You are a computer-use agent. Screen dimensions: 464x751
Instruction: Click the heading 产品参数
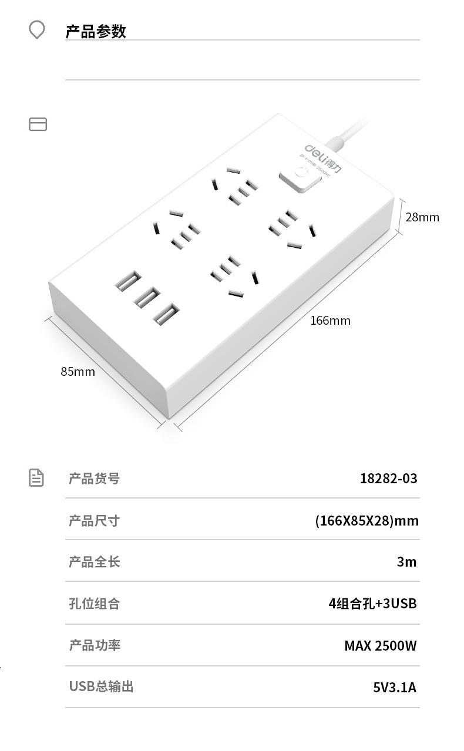coord(96,31)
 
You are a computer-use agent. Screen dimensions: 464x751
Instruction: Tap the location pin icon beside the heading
coord(37,30)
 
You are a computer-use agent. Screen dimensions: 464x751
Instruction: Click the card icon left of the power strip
coord(38,124)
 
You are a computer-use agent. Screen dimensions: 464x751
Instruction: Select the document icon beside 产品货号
coord(36,477)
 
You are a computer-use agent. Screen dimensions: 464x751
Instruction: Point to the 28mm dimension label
coord(422,217)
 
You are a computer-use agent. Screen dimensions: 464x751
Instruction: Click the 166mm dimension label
coord(330,321)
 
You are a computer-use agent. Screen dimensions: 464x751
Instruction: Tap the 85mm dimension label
coord(78,372)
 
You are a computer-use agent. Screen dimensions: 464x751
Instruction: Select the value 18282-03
coord(388,479)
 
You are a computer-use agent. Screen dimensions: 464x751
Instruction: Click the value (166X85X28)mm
coord(367,521)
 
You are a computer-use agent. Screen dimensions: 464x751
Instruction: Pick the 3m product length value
coord(406,562)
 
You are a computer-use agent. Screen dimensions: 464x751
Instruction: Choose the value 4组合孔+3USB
coord(372,604)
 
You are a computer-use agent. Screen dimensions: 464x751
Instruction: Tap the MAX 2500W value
coord(380,646)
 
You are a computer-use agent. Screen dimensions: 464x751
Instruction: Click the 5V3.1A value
coord(394,687)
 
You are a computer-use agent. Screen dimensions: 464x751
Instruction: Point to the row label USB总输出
coord(101,686)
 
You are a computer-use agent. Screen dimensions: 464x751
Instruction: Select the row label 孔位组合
coord(94,604)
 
